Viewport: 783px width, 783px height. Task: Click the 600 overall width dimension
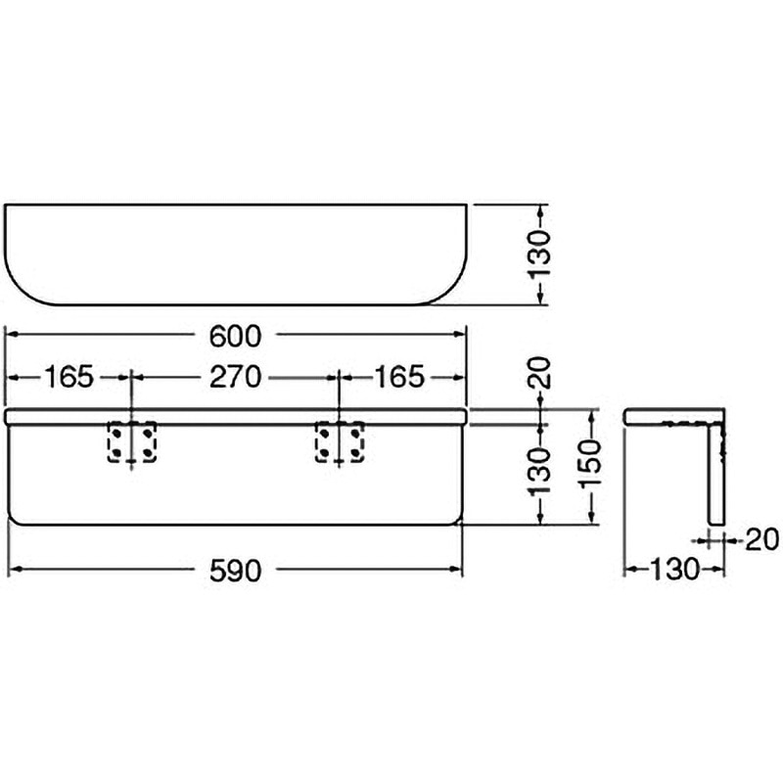click(x=235, y=336)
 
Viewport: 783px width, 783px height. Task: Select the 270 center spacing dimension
click(x=235, y=377)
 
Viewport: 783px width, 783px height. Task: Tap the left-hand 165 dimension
click(x=69, y=377)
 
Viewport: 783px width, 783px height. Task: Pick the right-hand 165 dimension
click(x=399, y=377)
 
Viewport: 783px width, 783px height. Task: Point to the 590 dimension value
click(x=235, y=571)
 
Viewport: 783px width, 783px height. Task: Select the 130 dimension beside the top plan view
click(x=539, y=253)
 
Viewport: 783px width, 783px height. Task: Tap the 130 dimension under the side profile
click(x=673, y=570)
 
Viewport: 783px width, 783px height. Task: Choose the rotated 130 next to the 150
click(x=539, y=471)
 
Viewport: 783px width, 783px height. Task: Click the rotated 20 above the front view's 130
click(x=539, y=373)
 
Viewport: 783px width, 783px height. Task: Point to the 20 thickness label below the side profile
click(x=761, y=539)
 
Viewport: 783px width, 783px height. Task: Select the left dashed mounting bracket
click(x=132, y=442)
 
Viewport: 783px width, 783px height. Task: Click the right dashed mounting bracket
click(x=340, y=442)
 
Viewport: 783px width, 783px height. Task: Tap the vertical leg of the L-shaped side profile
click(x=716, y=475)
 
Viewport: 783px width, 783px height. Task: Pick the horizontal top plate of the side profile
click(x=674, y=417)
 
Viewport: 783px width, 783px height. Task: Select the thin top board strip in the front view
click(x=236, y=417)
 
